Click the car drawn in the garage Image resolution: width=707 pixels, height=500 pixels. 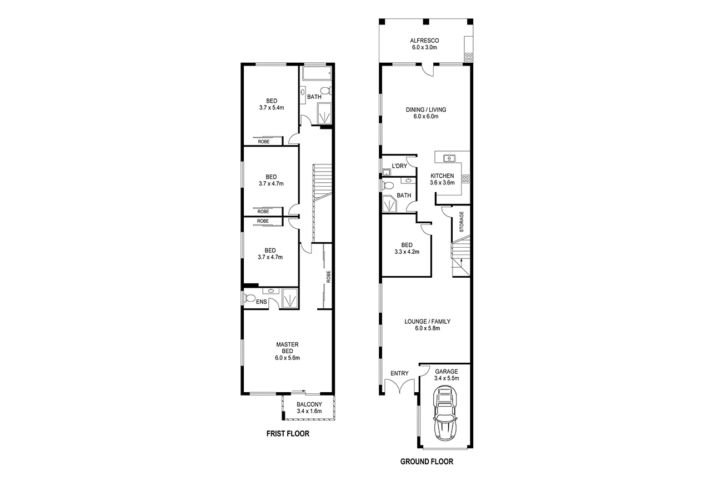coord(446,413)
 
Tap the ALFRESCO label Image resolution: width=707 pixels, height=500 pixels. coord(424,44)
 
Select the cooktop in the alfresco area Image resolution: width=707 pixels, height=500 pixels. coord(468,57)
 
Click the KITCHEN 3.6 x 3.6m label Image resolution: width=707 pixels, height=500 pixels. coord(442,179)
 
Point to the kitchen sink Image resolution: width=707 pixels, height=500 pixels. coord(449,159)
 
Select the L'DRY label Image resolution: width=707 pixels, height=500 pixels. coord(399,166)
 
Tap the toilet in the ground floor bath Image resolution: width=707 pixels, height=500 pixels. coord(388,186)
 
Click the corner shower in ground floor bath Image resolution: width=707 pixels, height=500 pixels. coord(390,204)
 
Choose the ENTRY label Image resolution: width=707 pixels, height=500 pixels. coord(399,373)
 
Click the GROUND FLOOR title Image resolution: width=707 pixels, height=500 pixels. coord(427,462)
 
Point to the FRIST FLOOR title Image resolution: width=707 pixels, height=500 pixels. coord(287,434)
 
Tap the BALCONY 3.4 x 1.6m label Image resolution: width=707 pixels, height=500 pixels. coord(309,408)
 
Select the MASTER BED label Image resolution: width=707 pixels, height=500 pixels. coord(287,351)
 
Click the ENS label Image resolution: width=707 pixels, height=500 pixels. coord(262,302)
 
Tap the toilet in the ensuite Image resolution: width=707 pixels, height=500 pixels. coord(250,299)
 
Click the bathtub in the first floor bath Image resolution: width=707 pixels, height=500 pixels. coord(317,73)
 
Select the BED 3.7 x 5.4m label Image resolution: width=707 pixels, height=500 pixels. coord(272,104)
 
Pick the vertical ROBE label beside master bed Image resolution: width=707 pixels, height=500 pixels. coord(328,276)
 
